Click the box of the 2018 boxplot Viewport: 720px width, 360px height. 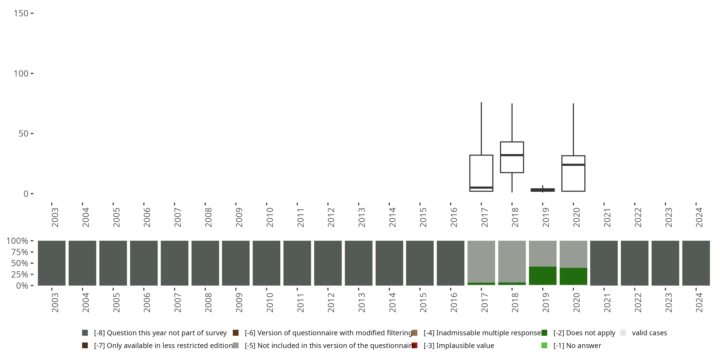[x=512, y=163]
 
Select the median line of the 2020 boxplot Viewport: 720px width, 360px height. [x=573, y=165]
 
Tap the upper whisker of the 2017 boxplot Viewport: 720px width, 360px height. [x=481, y=129]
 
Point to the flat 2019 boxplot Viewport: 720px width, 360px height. [x=542, y=190]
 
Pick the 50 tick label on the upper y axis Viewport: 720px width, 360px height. [x=24, y=134]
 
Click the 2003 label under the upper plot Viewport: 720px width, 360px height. [x=55, y=217]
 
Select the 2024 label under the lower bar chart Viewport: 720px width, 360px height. [x=699, y=303]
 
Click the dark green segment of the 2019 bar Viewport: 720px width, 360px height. [x=542, y=276]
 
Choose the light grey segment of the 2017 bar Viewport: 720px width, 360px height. [x=481, y=262]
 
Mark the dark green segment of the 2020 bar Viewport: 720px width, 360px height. [x=573, y=276]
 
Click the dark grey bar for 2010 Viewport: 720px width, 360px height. [x=266, y=263]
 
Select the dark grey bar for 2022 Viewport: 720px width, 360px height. [x=635, y=263]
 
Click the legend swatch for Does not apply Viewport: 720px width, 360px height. [x=544, y=333]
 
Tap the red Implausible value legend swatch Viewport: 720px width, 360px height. [x=414, y=345]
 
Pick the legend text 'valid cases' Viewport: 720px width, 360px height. [x=649, y=333]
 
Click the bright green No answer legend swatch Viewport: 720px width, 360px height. [x=544, y=345]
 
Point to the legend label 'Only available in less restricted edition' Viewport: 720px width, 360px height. [x=163, y=345]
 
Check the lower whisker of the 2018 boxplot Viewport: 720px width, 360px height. [x=512, y=182]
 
